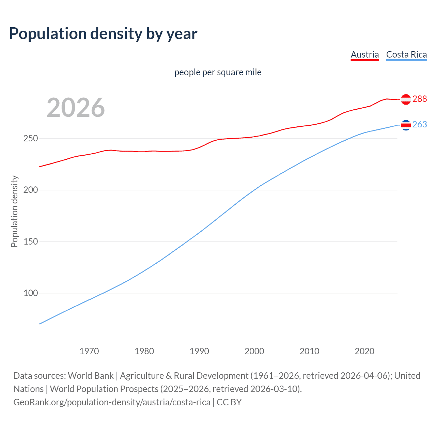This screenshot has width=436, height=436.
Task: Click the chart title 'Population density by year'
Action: (103, 34)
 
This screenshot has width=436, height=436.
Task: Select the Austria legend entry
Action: (364, 54)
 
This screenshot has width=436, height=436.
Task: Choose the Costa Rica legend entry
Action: (406, 54)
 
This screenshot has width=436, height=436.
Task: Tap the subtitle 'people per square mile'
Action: (218, 72)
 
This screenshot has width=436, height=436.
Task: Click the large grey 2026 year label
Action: (76, 108)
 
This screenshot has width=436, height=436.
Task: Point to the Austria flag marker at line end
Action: (406, 99)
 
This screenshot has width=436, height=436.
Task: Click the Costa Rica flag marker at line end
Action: (406, 125)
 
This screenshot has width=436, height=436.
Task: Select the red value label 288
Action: (419, 99)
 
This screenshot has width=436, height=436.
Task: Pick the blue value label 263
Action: (419, 125)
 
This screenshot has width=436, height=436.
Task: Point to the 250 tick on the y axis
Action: (31, 139)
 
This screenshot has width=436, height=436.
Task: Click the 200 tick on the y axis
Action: (31, 190)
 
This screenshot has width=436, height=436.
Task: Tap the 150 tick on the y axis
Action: (31, 242)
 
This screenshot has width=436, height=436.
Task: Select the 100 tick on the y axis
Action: (31, 293)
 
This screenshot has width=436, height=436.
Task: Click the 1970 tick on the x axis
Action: (89, 351)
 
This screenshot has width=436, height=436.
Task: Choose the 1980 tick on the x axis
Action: (144, 351)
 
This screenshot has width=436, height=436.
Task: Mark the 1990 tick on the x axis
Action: (199, 351)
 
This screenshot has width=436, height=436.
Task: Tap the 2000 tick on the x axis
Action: (254, 351)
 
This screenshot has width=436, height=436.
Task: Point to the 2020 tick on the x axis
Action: (364, 351)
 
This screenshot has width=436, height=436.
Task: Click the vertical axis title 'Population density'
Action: (14, 211)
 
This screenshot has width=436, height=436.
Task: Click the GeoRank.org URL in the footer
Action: (112, 402)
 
